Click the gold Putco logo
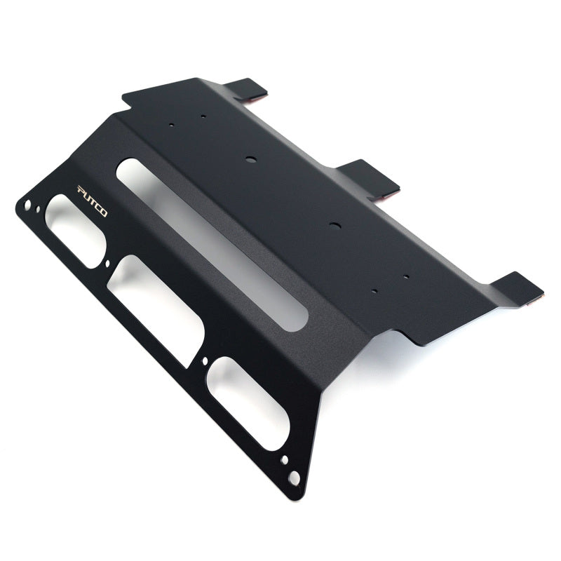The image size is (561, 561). (92, 201)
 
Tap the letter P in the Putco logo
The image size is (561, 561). (80, 191)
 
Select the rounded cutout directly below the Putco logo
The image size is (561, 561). (75, 229)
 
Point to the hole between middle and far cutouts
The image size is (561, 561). (204, 362)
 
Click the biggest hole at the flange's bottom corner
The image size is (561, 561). (295, 477)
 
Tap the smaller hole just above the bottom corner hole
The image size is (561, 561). (284, 461)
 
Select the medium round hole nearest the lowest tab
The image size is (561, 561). (333, 226)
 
